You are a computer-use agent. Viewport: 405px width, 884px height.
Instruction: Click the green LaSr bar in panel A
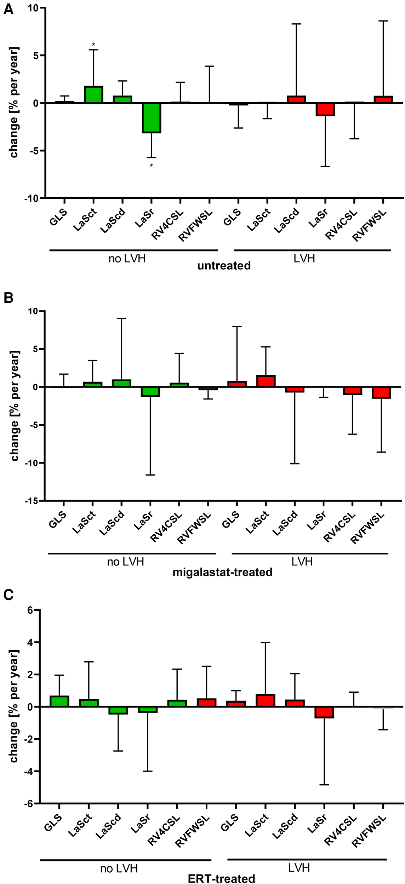[x=152, y=118]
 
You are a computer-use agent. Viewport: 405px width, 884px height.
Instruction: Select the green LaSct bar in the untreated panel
[x=93, y=95]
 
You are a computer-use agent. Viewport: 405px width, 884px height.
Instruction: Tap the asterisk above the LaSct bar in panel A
[x=93, y=45]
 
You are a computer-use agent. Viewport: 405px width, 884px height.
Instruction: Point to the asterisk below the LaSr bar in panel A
[x=151, y=166]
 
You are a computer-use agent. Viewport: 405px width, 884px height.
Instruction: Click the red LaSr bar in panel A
[x=325, y=109]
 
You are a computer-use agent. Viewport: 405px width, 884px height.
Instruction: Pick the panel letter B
[x=8, y=298]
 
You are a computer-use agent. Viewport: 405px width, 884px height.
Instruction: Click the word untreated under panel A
[x=224, y=266]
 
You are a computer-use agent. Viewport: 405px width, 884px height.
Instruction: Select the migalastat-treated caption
[x=222, y=572]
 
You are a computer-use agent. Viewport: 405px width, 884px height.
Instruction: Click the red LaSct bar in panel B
[x=266, y=381]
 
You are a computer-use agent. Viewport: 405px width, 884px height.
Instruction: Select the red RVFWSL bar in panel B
[x=381, y=392]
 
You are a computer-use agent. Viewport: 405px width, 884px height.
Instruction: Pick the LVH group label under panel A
[x=304, y=258]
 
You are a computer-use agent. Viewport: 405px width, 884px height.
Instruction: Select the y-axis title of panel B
[x=15, y=406]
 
